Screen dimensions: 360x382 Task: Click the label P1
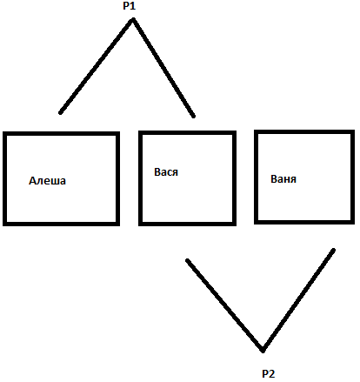coord(130,6)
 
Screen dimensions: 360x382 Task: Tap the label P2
coord(268,373)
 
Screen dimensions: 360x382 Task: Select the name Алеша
coord(47,181)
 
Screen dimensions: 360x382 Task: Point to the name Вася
coord(166,172)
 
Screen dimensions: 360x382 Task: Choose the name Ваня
coord(283,179)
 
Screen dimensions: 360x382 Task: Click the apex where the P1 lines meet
coord(133,20)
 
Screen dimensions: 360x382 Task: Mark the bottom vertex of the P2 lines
coord(263,351)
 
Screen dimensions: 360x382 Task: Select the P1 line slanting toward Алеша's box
coord(97,66)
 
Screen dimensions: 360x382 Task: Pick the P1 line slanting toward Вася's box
coord(163,68)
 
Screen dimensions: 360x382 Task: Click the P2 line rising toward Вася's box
coord(225,305)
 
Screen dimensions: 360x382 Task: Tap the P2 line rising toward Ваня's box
coord(298,300)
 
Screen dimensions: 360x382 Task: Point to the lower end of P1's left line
coord(60,112)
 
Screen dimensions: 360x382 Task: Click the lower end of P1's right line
coord(194,116)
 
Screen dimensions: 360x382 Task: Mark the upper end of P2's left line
coord(188,260)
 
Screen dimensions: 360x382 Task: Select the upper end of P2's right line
coord(334,250)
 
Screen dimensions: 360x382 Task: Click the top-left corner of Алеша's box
coord(4,133)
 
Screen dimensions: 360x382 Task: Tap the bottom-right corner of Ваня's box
coord(353,223)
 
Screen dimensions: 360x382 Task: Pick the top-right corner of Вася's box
coord(235,133)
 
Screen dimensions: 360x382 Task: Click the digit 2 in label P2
coord(271,373)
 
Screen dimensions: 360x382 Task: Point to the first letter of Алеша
coord(32,181)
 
